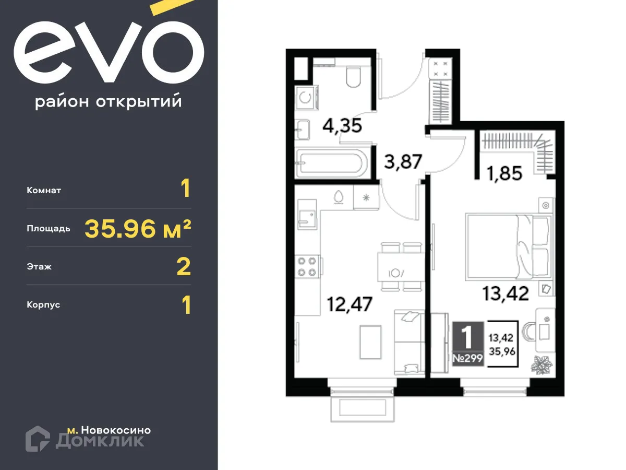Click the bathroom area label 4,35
pos(342,126)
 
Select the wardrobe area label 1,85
pos(504,173)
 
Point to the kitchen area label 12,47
pos(350,303)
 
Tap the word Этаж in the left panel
pos(39,267)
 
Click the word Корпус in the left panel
pos(43,304)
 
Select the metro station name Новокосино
pos(116,430)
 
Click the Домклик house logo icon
pos(38,438)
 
